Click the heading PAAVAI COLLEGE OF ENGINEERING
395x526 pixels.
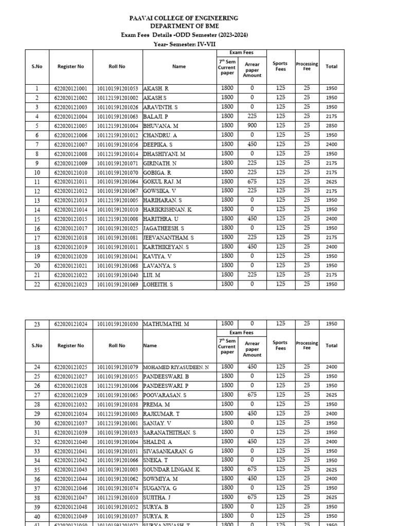coord(184,18)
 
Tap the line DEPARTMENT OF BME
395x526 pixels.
coord(184,26)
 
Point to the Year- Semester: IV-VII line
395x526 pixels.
coord(184,44)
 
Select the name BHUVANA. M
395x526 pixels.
coord(161,126)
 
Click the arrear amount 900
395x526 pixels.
coord(252,126)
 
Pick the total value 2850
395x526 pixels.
coord(331,126)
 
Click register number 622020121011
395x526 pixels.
coord(70,182)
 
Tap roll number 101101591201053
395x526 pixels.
coord(118,89)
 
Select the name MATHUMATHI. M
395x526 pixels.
coord(166,324)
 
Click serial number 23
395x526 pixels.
coord(37,324)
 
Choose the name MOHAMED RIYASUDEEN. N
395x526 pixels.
coord(176,367)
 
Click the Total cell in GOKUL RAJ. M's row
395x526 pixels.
coord(331,182)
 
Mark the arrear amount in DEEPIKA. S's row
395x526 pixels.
coord(252,144)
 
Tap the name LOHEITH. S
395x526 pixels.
coord(158,284)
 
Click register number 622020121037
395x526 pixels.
coord(70,423)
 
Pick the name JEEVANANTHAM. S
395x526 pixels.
coord(168,238)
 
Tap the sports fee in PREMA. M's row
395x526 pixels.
coord(280,404)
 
